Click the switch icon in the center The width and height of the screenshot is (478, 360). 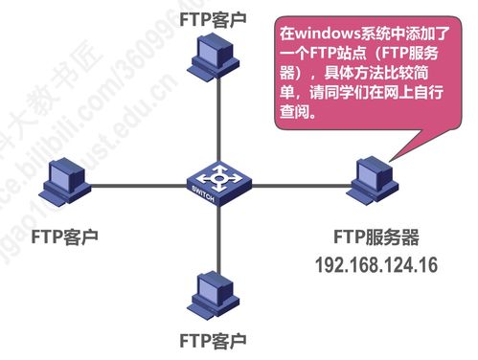click(217, 181)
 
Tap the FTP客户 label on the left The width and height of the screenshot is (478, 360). click(65, 234)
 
